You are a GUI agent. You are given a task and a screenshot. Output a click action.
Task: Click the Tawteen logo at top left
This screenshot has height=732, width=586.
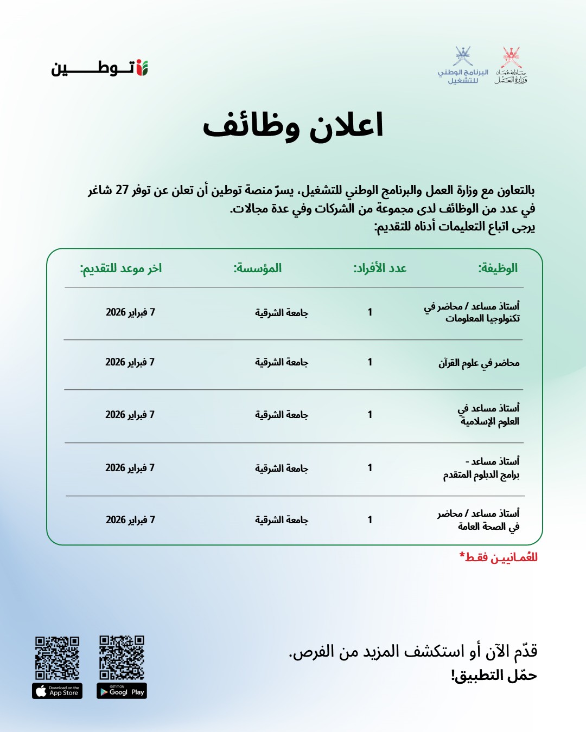pyautogui.click(x=99, y=68)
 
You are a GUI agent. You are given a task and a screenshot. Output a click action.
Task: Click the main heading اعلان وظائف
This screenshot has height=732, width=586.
pyautogui.click(x=293, y=126)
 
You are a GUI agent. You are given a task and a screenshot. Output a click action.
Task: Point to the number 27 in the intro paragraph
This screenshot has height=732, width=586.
pyautogui.click(x=122, y=190)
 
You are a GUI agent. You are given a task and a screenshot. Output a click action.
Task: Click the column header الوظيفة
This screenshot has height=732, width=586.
pyautogui.click(x=498, y=268)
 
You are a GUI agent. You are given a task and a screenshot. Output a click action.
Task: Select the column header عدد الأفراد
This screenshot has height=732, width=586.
pyautogui.click(x=380, y=268)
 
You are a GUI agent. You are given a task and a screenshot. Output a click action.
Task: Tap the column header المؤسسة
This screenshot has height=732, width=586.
pyautogui.click(x=258, y=268)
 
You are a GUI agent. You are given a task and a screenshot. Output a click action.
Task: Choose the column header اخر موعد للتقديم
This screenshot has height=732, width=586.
pyautogui.click(x=121, y=268)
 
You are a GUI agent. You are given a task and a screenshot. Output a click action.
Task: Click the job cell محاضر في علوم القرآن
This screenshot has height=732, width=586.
pyautogui.click(x=479, y=363)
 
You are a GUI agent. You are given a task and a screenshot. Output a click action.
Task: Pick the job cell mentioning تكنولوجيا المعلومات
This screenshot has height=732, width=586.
pyautogui.click(x=472, y=312)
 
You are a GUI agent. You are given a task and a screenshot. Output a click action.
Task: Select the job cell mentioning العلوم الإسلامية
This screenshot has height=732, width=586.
pyautogui.click(x=488, y=415)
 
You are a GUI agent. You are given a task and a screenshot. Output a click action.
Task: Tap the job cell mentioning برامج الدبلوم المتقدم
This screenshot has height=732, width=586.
pyautogui.click(x=481, y=468)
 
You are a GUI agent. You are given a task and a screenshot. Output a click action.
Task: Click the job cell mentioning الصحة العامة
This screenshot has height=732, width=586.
pyautogui.click(x=479, y=519)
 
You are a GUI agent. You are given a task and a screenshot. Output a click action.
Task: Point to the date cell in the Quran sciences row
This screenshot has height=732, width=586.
pyautogui.click(x=130, y=362)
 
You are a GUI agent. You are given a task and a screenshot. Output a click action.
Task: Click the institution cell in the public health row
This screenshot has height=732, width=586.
pyautogui.click(x=282, y=520)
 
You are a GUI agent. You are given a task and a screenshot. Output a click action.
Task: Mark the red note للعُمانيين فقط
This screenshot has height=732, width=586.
pyautogui.click(x=498, y=557)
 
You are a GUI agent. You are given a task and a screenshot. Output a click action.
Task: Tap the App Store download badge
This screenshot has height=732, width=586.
pyautogui.click(x=57, y=691)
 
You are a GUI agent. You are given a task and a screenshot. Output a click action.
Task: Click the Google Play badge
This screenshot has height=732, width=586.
pyautogui.click(x=122, y=691)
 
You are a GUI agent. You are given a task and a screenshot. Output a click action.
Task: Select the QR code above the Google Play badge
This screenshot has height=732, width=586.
pyautogui.click(x=122, y=657)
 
